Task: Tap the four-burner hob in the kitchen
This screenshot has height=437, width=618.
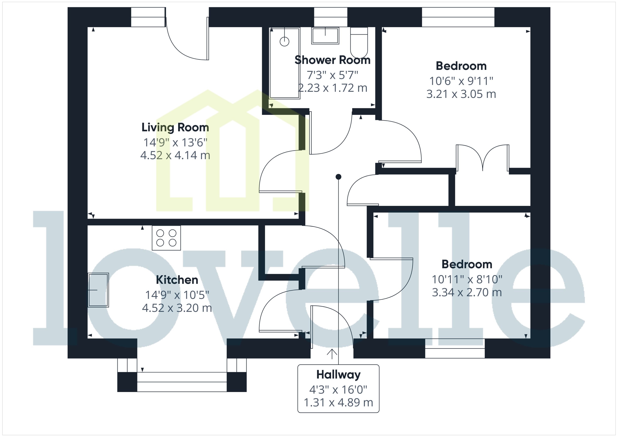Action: point(166,238)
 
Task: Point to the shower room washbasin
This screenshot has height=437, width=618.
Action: point(325,35)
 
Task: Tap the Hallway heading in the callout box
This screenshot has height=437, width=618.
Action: point(338,375)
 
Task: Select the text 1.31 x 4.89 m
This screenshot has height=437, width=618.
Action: point(338,403)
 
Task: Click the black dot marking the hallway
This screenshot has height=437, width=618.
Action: point(338,177)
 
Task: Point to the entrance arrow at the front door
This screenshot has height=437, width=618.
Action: point(332,354)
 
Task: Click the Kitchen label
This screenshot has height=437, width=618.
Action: point(177,280)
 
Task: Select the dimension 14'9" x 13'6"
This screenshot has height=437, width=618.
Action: point(175,142)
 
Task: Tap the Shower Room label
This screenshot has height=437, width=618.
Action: point(332,60)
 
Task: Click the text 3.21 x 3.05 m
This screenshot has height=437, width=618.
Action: point(461,94)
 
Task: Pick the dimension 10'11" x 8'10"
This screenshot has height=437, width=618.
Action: point(467,279)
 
